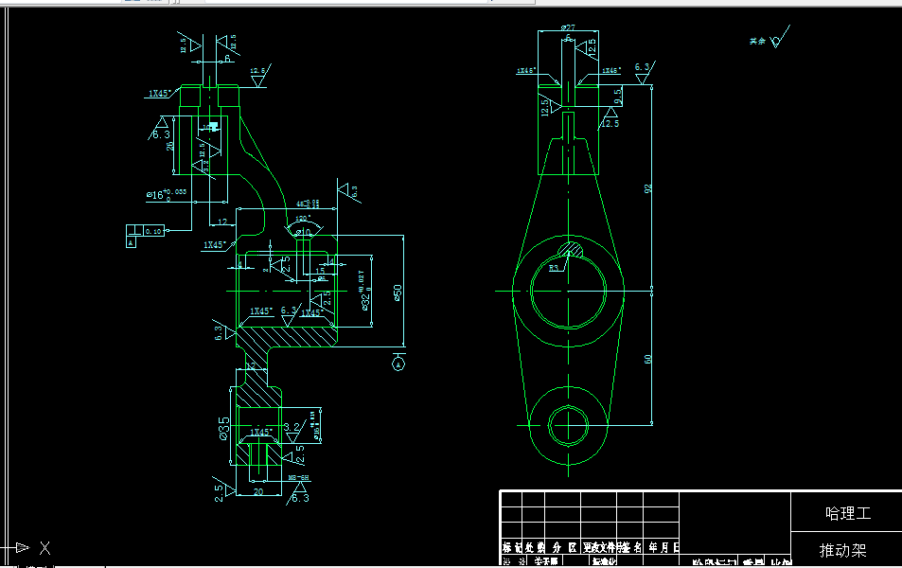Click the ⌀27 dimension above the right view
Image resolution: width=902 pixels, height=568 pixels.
click(567, 28)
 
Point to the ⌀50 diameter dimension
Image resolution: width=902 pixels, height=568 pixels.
click(398, 294)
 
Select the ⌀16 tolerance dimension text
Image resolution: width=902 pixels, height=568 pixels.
click(166, 194)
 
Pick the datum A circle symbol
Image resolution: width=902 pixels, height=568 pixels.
click(398, 362)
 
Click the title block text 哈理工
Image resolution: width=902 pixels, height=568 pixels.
click(846, 514)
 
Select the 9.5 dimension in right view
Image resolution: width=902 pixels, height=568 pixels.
click(617, 95)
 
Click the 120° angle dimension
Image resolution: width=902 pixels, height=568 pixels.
click(303, 217)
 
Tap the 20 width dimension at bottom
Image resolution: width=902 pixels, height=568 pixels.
click(256, 491)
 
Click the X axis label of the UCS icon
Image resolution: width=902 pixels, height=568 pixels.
click(44, 547)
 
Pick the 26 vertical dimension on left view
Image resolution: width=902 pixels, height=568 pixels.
click(170, 146)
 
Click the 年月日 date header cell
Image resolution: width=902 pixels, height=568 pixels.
click(663, 547)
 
